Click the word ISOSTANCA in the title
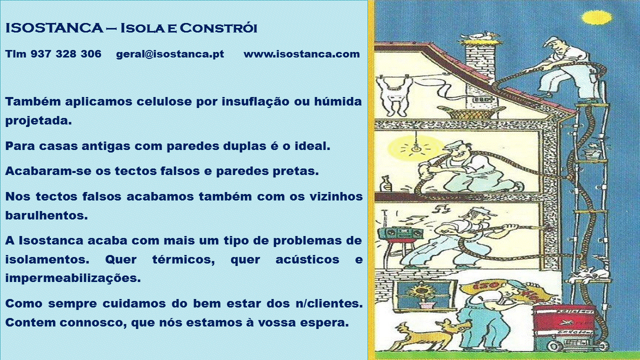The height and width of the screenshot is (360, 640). pos(54,28)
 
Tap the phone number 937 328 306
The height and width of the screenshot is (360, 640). pos(66,53)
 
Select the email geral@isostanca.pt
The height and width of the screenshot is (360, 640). pos(170,54)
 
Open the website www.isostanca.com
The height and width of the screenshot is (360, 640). pos(301,54)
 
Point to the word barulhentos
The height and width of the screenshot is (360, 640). pos(46,215)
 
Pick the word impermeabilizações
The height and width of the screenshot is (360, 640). pos(73,278)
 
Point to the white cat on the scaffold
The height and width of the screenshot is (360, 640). pos(585,274)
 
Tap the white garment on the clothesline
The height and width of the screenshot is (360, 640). pos(394,95)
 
